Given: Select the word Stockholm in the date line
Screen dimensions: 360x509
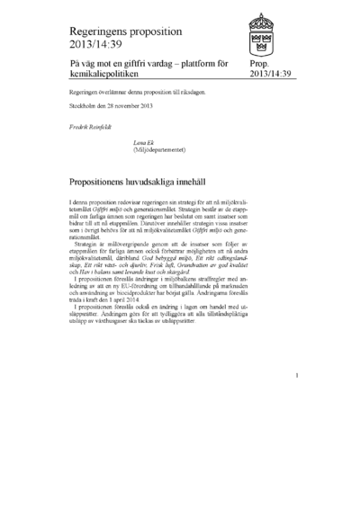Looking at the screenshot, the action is pyautogui.click(x=83, y=104).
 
